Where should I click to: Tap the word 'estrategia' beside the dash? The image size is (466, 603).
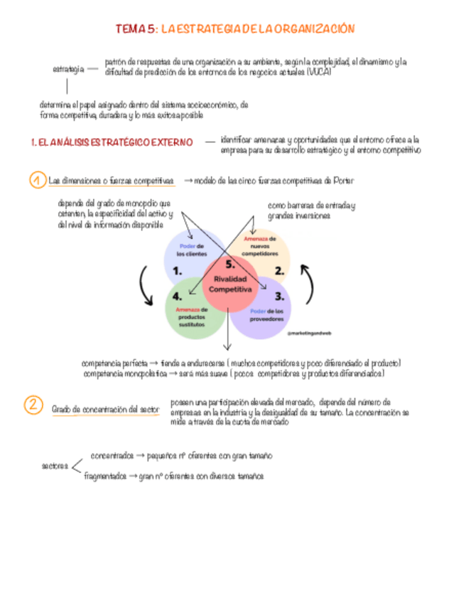click(x=68, y=69)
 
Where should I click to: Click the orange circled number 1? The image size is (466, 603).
click(x=36, y=181)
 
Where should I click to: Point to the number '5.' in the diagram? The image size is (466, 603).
click(x=229, y=265)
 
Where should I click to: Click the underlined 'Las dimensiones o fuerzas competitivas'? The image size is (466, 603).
click(x=112, y=181)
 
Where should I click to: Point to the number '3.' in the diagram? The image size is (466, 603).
click(x=280, y=296)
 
